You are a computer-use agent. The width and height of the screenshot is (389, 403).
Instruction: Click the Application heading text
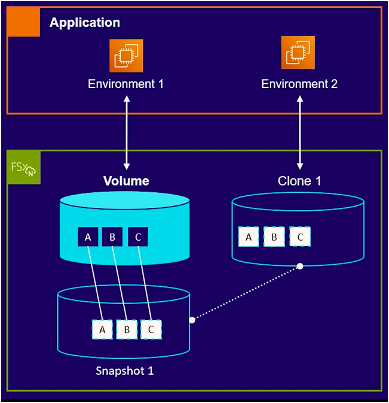[x=85, y=23]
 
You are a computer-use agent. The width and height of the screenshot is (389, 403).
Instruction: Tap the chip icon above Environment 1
[x=127, y=55]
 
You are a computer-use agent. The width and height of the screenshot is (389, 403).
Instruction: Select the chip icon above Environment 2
[x=298, y=53]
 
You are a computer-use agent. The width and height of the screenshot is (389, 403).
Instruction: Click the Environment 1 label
[x=125, y=84]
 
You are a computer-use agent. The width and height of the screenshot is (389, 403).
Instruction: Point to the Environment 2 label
[x=299, y=84]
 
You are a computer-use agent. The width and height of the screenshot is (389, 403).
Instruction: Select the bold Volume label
[x=126, y=181]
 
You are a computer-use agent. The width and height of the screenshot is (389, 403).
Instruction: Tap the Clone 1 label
[x=299, y=181]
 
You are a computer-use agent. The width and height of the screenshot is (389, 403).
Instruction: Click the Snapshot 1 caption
[x=124, y=371]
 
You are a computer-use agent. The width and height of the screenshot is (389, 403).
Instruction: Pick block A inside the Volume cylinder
[x=88, y=237]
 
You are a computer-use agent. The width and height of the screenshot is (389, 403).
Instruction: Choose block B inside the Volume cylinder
[x=112, y=237]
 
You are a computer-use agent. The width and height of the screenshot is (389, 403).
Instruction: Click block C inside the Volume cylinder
[x=137, y=237]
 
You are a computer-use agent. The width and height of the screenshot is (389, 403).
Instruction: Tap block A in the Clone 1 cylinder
[x=249, y=237]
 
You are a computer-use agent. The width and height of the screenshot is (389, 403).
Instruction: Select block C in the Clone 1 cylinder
[x=300, y=237]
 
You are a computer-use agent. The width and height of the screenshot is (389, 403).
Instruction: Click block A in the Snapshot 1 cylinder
[x=102, y=329]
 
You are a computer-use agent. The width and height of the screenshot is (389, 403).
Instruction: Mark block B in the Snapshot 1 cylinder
[x=127, y=329]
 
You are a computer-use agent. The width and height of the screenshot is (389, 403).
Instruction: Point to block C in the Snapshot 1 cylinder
[x=151, y=329]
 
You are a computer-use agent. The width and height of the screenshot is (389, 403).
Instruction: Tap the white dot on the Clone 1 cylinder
[x=300, y=266]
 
